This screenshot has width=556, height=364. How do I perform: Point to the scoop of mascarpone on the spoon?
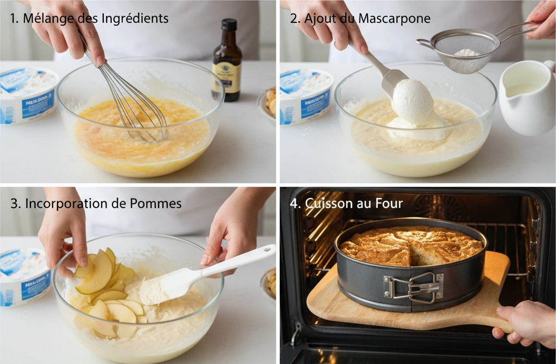[x=413, y=101]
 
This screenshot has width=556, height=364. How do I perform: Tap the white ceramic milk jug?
[x=526, y=98]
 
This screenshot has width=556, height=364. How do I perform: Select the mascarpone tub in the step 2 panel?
[x=305, y=97]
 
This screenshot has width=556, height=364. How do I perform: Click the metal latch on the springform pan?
[x=413, y=286]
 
